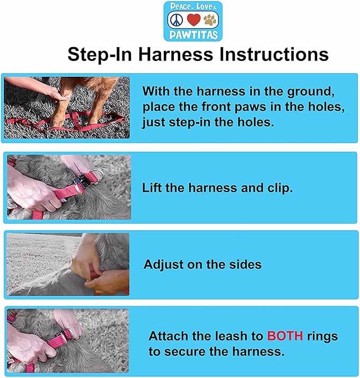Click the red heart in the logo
click(194, 20)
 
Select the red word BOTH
click(285, 336)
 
